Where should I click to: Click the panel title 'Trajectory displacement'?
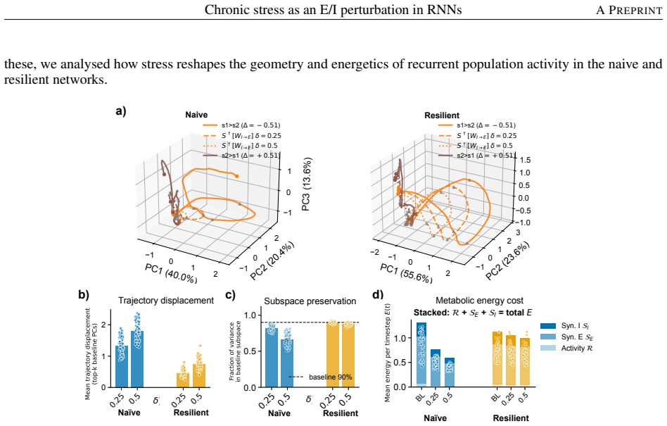tap(166, 301)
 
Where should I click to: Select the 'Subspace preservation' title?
tap(310, 301)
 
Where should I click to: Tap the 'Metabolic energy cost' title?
tap(479, 301)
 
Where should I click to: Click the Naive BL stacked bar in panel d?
tap(421, 354)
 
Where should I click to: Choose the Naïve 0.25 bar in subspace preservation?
tap(272, 358)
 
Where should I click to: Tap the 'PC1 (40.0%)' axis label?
tap(172, 273)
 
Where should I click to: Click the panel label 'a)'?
tap(121, 111)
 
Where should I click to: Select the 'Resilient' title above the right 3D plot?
tap(442, 115)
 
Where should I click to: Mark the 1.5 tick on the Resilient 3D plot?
tap(525, 160)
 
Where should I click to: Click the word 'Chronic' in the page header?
tap(223, 9)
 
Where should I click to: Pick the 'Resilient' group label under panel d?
tap(511, 418)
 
